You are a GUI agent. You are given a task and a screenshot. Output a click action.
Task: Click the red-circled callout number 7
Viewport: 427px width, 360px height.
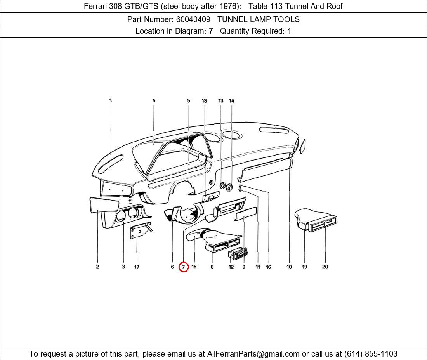pyautogui.click(x=184, y=267)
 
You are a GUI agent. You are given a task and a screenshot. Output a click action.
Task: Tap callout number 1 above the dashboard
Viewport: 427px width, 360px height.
pyautogui.click(x=111, y=100)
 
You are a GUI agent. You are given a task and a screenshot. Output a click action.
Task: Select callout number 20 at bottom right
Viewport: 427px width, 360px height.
pyautogui.click(x=325, y=267)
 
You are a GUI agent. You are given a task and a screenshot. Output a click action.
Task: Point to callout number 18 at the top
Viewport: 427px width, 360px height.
pyautogui.click(x=204, y=101)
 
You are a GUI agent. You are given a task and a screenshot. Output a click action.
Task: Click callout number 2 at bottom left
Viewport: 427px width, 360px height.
pyautogui.click(x=97, y=267)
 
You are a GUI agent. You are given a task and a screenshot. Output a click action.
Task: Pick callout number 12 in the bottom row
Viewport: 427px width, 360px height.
pyautogui.click(x=231, y=267)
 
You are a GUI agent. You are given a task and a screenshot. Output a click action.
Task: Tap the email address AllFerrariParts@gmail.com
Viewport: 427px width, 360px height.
pyautogui.click(x=253, y=354)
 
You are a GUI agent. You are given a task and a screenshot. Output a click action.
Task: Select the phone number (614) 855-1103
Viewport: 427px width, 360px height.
pyautogui.click(x=371, y=354)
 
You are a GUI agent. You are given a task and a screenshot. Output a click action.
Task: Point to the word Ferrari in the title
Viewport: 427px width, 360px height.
pyautogui.click(x=97, y=6)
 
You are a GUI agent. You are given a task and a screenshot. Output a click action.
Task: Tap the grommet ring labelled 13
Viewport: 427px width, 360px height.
pyautogui.click(x=223, y=186)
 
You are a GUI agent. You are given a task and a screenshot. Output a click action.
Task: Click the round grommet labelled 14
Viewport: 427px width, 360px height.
pyautogui.click(x=229, y=188)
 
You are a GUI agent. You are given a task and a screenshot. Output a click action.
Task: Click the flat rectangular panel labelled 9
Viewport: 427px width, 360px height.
pyautogui.click(x=246, y=214)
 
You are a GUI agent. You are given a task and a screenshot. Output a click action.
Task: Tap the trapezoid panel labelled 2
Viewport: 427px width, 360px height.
pyautogui.click(x=104, y=204)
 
